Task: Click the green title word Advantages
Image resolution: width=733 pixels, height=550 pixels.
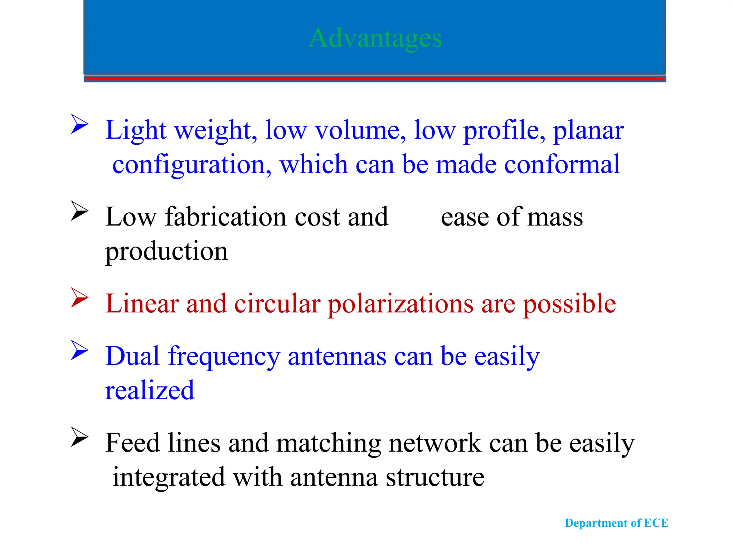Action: pos(375,38)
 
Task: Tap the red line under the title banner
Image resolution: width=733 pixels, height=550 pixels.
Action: pos(375,78)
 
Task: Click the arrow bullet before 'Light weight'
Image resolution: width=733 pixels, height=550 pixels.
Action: pos(79,124)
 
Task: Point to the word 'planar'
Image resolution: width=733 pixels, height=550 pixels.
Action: pos(588,131)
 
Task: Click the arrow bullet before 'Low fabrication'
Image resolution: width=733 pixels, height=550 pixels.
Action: pos(79,211)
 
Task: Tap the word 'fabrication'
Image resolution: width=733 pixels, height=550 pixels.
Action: pos(225,217)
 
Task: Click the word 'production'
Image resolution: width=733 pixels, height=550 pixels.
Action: pos(166,252)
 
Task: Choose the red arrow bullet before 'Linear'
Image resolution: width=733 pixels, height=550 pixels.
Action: pos(79,297)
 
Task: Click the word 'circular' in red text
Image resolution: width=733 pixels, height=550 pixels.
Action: pos(277,304)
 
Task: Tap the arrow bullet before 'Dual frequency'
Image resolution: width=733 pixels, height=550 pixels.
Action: pos(79,350)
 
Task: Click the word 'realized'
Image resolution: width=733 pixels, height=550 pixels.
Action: pos(150,390)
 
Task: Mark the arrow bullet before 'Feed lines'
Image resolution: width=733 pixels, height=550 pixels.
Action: pos(79,437)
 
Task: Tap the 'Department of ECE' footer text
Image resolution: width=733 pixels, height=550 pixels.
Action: pos(616,523)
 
